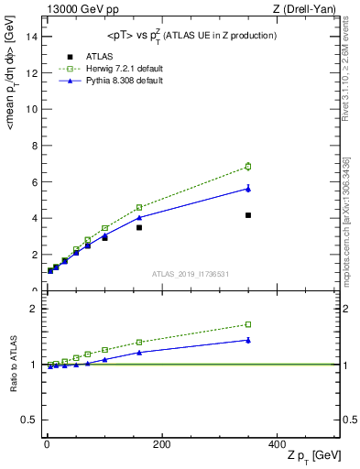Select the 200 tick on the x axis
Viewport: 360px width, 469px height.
pyautogui.click(x=162, y=444)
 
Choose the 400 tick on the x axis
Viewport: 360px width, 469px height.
pyautogui.click(x=278, y=444)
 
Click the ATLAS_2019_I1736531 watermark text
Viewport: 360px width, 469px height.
pyautogui.click(x=190, y=274)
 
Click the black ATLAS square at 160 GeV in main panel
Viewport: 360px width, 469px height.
pyautogui.click(x=139, y=227)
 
